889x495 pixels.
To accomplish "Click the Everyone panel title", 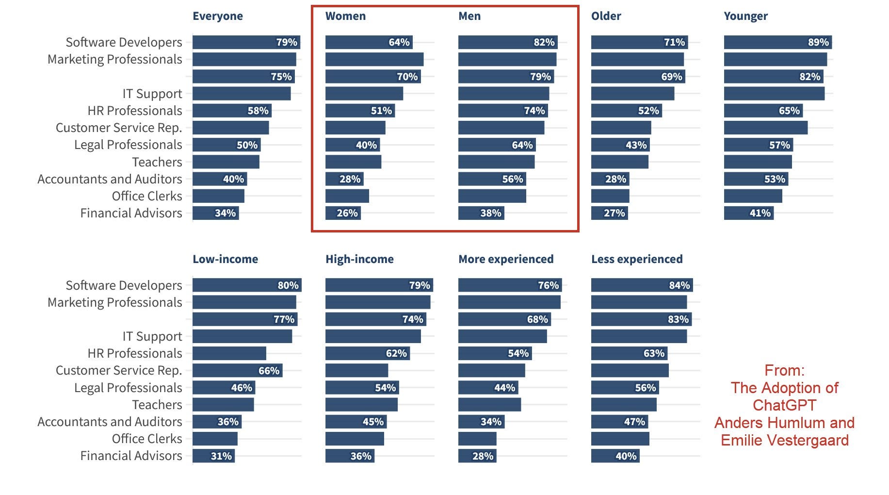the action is click(x=218, y=16).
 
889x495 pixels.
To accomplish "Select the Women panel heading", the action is click(x=345, y=16).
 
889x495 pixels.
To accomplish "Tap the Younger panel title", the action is click(x=745, y=16).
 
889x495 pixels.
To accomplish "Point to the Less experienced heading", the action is click(x=637, y=259).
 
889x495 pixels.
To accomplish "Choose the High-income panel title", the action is click(x=359, y=259).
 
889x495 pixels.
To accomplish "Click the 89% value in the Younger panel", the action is click(x=818, y=42).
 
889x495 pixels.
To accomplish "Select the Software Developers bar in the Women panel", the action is click(x=369, y=42).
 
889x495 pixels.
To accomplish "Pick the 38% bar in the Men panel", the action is click(x=481, y=213).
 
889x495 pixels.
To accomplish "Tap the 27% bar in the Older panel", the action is click(x=610, y=213).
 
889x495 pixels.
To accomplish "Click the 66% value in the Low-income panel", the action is click(x=269, y=371).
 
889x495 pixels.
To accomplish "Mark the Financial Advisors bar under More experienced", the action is click(x=477, y=456).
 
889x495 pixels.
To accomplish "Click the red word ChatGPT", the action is click(x=784, y=405).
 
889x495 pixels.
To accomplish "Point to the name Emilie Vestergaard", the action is click(x=784, y=440).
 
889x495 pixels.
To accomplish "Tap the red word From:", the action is click(x=784, y=370).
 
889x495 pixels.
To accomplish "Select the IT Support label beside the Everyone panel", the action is click(x=152, y=94).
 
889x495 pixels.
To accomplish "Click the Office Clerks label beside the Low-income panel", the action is click(x=147, y=439).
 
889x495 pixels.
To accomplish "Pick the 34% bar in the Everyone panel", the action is click(x=215, y=213).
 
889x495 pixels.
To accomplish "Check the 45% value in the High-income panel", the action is click(x=373, y=422).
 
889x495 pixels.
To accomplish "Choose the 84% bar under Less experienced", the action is click(x=642, y=285).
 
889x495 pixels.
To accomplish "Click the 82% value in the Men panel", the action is click(x=544, y=42).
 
